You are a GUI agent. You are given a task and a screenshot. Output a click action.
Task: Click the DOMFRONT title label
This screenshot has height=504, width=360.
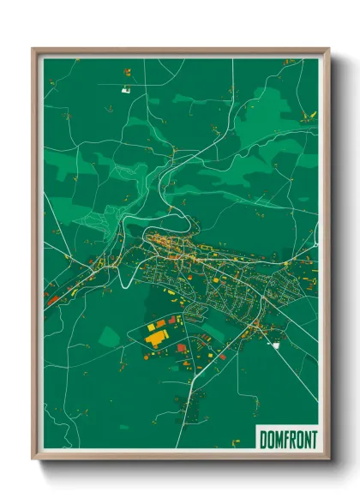tap(287, 439)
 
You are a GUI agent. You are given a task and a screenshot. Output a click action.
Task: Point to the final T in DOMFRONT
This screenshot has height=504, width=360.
tap(312, 439)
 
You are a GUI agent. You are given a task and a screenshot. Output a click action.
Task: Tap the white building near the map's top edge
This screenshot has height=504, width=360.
tap(126, 88)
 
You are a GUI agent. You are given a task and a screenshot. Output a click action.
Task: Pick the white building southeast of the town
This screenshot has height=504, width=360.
tap(276, 345)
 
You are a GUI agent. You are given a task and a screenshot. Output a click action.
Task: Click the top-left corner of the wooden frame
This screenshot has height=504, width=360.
tap(34, 50)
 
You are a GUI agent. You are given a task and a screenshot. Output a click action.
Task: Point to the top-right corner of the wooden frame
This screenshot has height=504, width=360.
tap(328, 50)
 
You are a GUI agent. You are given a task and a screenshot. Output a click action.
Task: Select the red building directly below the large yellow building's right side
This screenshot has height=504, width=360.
tap(181, 348)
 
